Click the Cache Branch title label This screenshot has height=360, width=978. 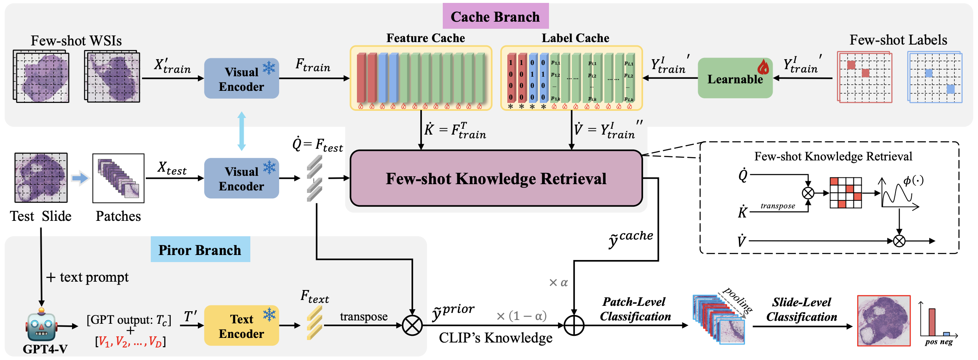tap(495, 16)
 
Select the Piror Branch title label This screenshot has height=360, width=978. tap(200, 250)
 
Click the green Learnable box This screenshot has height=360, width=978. tap(735, 78)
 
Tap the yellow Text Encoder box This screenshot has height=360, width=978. tap(241, 326)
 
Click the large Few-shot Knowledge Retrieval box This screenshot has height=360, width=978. tap(496, 178)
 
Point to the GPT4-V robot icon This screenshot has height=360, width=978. tap(41, 325)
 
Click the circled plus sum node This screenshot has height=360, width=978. tap(574, 325)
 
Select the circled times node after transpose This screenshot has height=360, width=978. tap(412, 325)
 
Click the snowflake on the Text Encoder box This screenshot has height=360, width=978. tap(269, 315)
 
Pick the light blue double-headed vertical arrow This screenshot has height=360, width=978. tap(242, 131)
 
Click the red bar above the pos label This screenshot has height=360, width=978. tap(932, 322)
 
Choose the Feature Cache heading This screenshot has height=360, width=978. tap(425, 38)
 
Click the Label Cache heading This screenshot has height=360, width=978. tap(575, 38)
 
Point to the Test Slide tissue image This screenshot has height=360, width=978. tap(41, 177)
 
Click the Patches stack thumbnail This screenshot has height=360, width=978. tap(118, 178)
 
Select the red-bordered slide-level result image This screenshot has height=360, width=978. tap(883, 321)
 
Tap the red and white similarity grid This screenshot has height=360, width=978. tap(846, 192)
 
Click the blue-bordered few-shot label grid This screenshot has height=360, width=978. tap(935, 77)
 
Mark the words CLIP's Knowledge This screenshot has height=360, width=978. tap(496, 337)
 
